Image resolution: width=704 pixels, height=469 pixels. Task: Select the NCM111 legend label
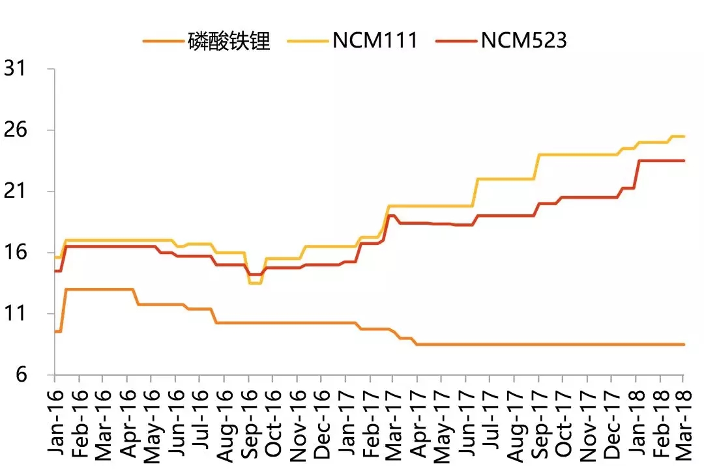pos(374,41)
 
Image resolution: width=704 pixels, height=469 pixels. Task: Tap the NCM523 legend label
pos(524,41)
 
